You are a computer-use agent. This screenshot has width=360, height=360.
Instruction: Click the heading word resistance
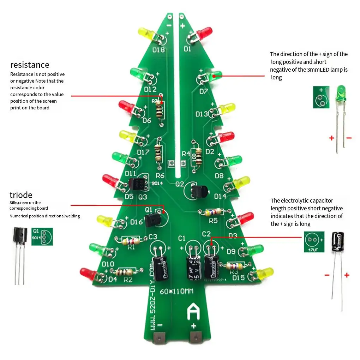[x=30, y=65]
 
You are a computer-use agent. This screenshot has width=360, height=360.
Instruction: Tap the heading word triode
[x=21, y=195]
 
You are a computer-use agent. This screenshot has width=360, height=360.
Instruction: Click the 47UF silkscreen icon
[x=314, y=242]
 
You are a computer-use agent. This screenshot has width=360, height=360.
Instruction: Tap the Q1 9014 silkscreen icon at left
[x=42, y=236]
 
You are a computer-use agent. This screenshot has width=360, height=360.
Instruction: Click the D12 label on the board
[x=150, y=89]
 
